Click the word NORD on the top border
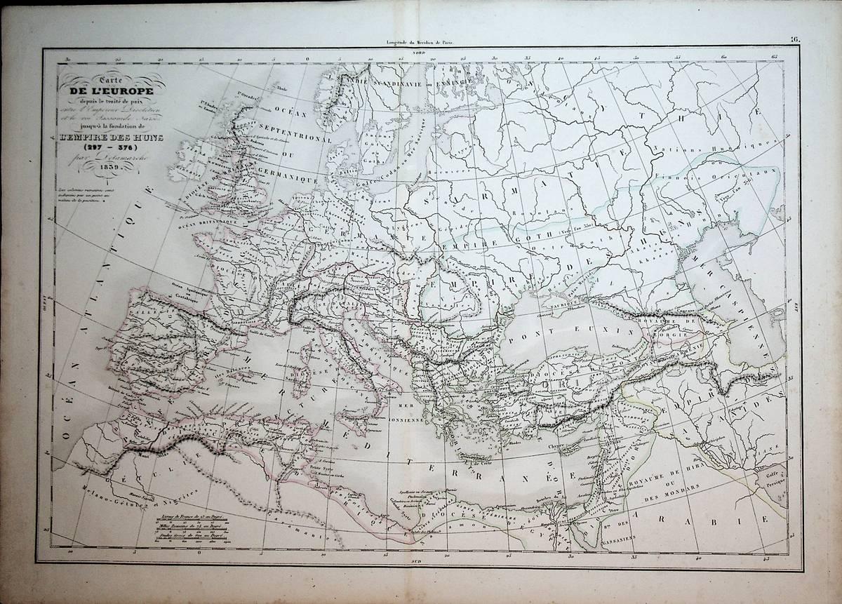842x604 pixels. pos(420,53)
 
